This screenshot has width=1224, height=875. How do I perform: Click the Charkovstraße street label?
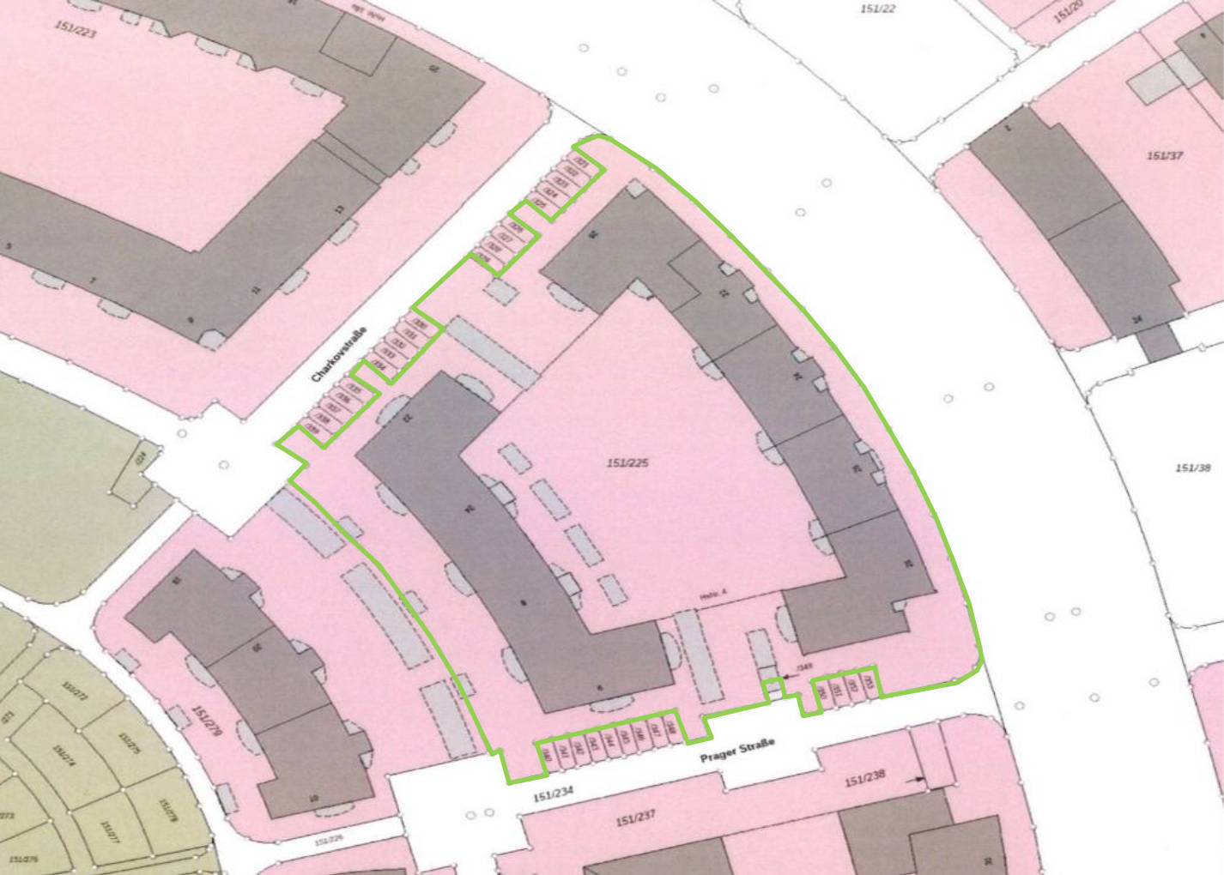click(x=338, y=355)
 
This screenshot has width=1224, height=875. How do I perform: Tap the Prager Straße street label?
click(x=737, y=752)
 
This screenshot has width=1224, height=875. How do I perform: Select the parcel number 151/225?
click(x=627, y=463)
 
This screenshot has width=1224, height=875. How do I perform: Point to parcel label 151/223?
click(x=76, y=30)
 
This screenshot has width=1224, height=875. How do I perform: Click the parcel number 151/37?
click(x=1165, y=156)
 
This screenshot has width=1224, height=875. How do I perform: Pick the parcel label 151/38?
click(x=1192, y=468)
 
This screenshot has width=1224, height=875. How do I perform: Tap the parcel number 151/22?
click(x=877, y=9)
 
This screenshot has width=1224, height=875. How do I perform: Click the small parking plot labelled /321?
click(x=582, y=161)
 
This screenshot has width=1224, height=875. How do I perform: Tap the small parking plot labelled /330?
click(x=420, y=324)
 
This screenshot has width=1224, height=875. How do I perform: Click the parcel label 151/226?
click(x=328, y=842)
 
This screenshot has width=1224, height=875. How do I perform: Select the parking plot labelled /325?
click(x=539, y=204)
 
